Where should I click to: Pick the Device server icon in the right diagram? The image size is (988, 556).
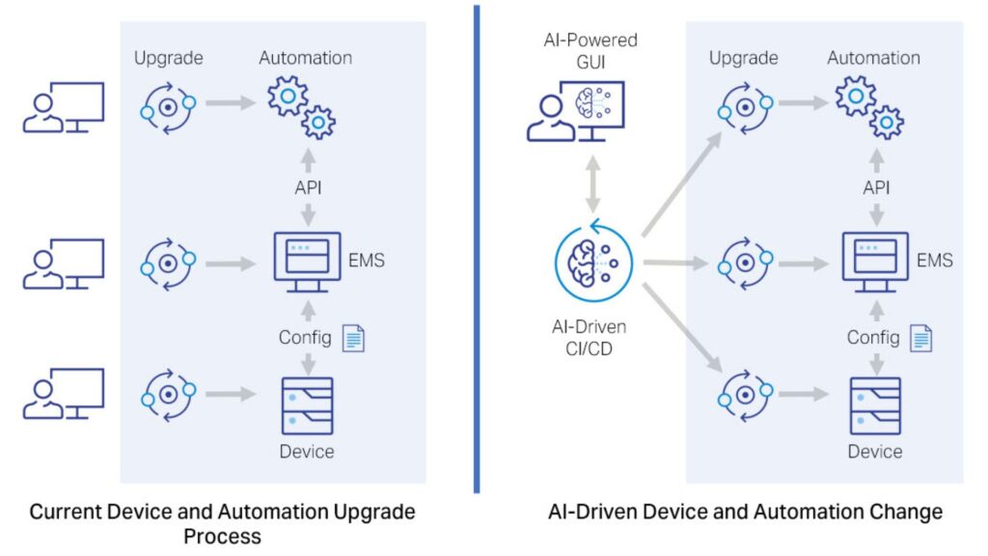pos(875,405)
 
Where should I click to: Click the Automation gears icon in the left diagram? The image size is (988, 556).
pos(301,107)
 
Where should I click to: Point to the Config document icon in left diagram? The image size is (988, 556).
pos(354,338)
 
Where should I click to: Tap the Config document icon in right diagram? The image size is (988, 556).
pos(922,338)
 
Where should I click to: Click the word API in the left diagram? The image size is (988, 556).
pos(308,188)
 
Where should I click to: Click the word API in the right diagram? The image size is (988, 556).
pos(876,188)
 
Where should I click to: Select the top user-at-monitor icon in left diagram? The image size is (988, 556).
pos(64,107)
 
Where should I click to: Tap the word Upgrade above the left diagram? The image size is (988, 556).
pos(169,58)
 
